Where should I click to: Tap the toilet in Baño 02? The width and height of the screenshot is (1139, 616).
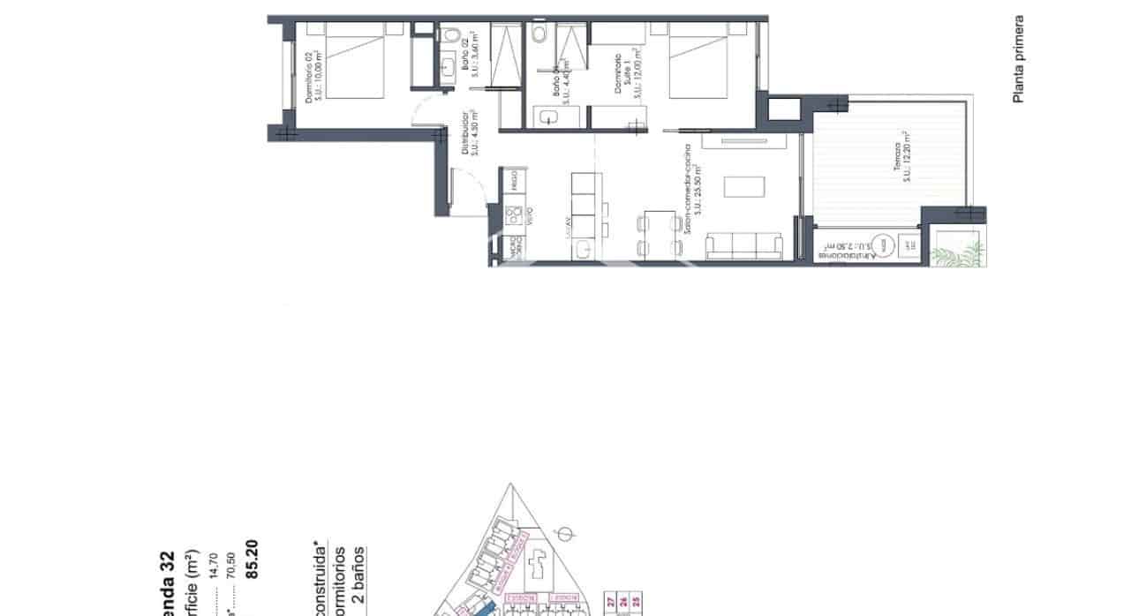point(451,36)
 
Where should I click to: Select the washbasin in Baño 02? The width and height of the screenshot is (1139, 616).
point(449,67)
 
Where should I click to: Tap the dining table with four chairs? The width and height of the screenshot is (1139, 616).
point(656,234)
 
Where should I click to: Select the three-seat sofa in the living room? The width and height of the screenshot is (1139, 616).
point(744,247)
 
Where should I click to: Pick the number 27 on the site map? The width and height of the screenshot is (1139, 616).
point(611,603)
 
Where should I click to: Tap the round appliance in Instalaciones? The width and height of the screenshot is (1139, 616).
point(880,246)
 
